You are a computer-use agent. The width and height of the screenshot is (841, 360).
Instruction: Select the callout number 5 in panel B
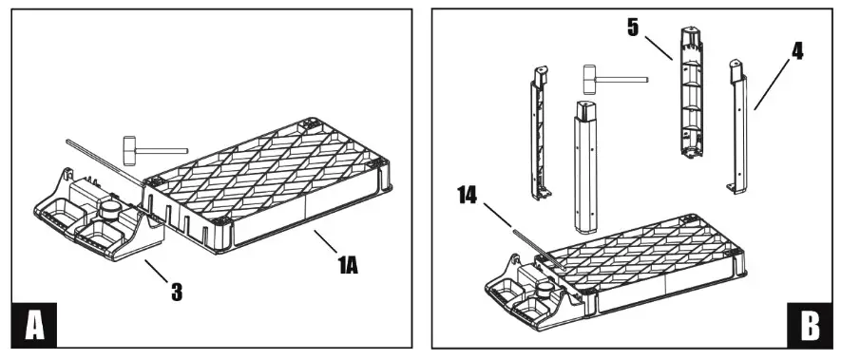pyautogui.click(x=633, y=28)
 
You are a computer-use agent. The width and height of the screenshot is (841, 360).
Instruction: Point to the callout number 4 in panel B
pyautogui.click(x=796, y=51)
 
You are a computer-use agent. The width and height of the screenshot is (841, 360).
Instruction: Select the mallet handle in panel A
pyautogui.click(x=164, y=149)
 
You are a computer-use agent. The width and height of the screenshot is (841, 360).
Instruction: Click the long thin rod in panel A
pyautogui.click(x=95, y=156)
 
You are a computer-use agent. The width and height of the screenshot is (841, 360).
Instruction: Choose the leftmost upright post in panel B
pyautogui.click(x=538, y=133)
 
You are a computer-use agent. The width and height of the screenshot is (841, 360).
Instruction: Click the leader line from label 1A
pyautogui.click(x=318, y=241)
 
